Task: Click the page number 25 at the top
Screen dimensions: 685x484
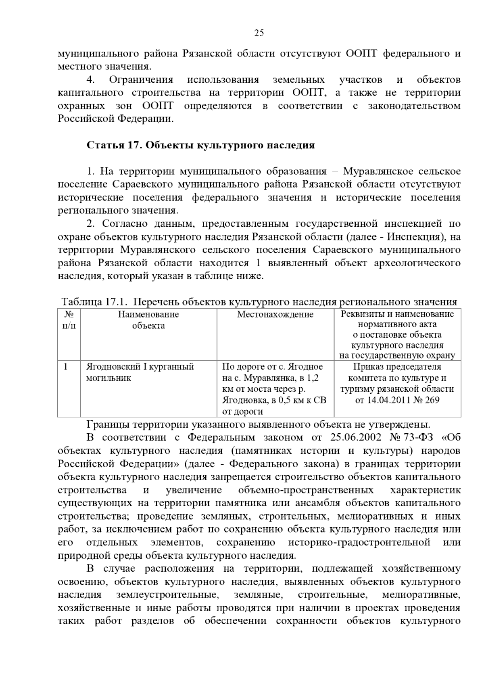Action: pos(259,33)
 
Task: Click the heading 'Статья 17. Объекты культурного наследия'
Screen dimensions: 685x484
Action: pos(200,145)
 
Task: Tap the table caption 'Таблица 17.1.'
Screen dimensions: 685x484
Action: pos(94,302)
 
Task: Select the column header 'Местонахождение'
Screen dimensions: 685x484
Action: pos(275,314)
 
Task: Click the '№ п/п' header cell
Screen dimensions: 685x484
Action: pos(69,320)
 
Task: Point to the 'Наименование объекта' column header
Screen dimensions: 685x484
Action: pos(148,320)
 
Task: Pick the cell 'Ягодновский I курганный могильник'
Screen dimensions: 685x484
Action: pos(140,372)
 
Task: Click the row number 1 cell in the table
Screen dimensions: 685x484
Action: pos(66,366)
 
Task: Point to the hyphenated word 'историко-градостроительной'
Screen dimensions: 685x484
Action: pos(359,543)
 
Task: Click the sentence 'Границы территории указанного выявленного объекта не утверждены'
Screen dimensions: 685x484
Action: pos(258,424)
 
